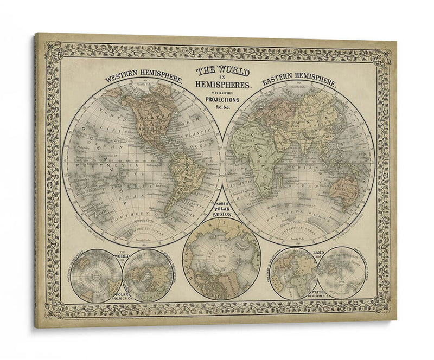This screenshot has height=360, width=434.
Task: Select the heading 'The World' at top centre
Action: [x=222, y=71]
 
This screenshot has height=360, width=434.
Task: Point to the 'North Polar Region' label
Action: [x=221, y=207]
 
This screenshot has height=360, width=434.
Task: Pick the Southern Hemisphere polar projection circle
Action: [x=96, y=275]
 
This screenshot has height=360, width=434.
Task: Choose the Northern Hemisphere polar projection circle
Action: [x=148, y=275]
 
